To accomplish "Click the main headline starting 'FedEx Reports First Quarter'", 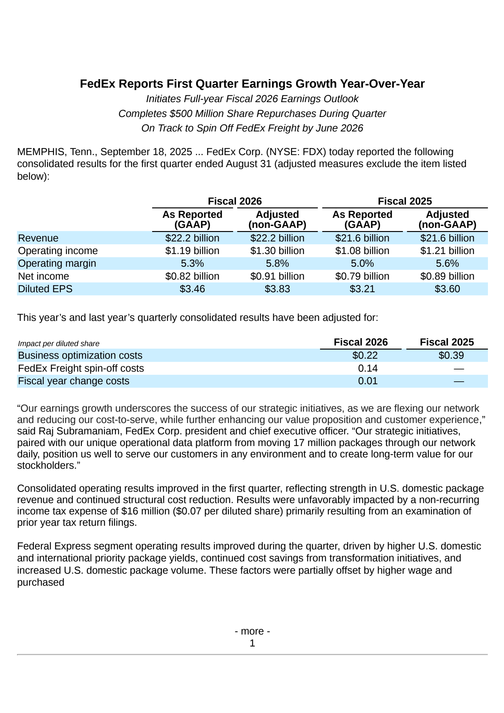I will click(x=252, y=84).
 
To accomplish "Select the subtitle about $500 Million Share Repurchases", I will click(x=252, y=113).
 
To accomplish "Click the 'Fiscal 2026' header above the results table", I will click(x=235, y=201).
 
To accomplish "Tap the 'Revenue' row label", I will click(x=38, y=238).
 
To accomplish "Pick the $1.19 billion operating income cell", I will click(x=192, y=251).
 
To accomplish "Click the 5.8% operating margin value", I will click(x=277, y=263).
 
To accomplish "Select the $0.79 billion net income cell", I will click(x=362, y=276).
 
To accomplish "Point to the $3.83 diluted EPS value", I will click(x=277, y=289).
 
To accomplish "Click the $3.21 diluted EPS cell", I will click(x=362, y=289).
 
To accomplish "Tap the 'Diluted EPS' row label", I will click(x=45, y=289).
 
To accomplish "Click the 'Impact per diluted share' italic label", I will click(x=59, y=344).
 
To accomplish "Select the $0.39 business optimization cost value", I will click(x=451, y=355).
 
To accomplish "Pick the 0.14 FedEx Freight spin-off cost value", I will click(x=368, y=368).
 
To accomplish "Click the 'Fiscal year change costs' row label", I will click(x=73, y=381).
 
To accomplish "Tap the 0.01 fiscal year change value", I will click(x=368, y=381).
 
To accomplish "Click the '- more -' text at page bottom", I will click(x=252, y=631).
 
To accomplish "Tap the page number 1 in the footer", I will click(x=252, y=643).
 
